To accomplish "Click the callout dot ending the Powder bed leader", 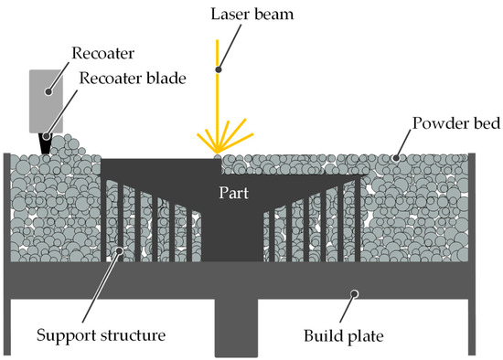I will (x=396, y=156).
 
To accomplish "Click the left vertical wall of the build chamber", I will (x=6, y=238).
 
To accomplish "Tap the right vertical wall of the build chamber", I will (x=473, y=238).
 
